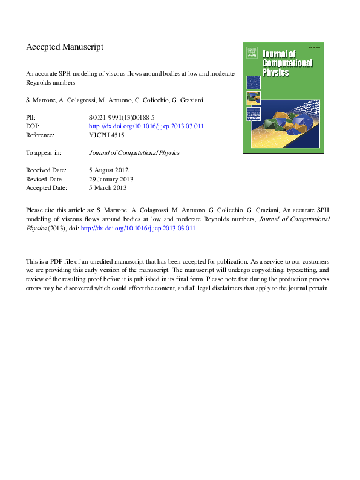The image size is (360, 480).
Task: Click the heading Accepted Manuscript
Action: click(65, 47)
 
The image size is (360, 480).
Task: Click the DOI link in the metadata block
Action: click(146, 126)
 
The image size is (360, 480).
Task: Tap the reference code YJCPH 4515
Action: click(106, 135)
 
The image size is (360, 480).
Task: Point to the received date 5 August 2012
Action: click(108, 170)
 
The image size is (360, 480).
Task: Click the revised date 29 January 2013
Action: click(111, 179)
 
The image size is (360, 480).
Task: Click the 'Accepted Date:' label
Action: click(46, 188)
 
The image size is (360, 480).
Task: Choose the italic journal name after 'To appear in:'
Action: click(134, 153)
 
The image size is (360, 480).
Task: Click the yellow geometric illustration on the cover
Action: click(285, 126)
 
